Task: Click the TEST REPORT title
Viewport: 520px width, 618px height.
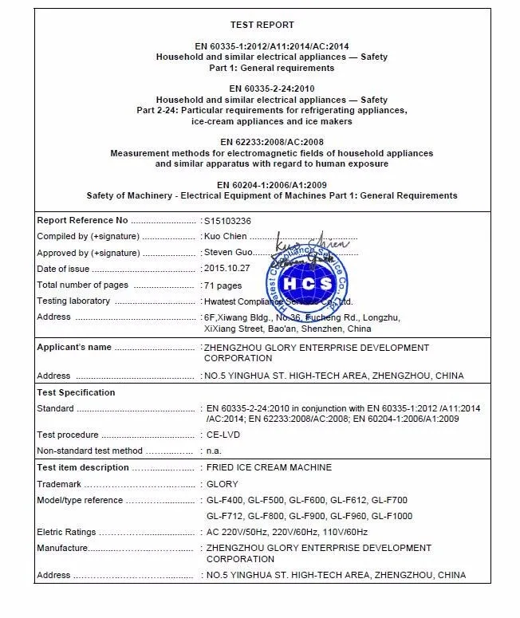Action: click(262, 25)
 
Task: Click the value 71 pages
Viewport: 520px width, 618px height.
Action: click(223, 285)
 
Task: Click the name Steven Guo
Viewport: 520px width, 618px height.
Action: click(228, 253)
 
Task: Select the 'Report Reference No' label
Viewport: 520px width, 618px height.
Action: click(82, 220)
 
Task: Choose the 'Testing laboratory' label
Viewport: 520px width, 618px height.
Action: click(73, 301)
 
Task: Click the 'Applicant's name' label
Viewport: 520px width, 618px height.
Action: click(74, 348)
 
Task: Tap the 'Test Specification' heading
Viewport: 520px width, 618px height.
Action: click(76, 392)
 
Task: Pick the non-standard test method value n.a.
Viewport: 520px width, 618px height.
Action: click(215, 451)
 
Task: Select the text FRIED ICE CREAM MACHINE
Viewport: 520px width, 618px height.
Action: click(269, 467)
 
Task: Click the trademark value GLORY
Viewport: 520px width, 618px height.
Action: click(223, 484)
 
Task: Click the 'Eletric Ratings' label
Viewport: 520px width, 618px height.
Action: click(66, 532)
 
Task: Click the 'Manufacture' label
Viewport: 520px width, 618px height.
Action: click(61, 548)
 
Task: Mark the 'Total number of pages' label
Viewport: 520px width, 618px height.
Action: click(82, 285)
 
